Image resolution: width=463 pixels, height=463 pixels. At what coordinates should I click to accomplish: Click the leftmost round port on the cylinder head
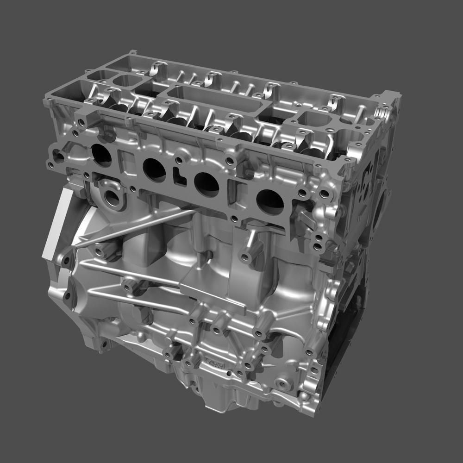[x=102, y=155]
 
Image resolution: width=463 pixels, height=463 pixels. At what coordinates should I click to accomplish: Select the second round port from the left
[x=154, y=170]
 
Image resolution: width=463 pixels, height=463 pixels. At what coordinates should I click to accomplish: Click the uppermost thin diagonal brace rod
[x=134, y=227]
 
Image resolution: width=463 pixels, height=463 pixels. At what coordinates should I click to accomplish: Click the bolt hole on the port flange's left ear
[x=59, y=156]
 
